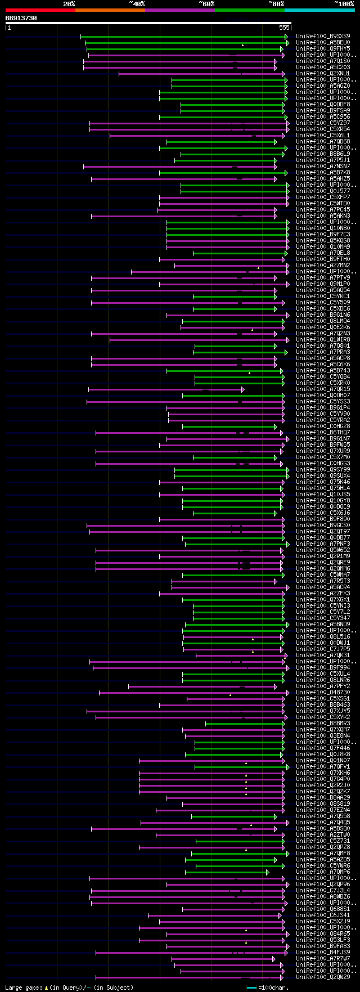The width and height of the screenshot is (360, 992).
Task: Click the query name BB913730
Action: click(21, 18)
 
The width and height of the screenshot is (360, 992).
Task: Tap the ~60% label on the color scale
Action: click(206, 4)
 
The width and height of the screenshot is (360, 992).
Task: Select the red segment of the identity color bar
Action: click(40, 10)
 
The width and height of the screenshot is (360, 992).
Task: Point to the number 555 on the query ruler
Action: click(284, 28)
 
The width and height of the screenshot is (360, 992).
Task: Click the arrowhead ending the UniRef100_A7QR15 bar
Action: click(242, 389)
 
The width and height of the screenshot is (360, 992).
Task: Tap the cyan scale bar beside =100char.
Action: click(251, 987)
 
